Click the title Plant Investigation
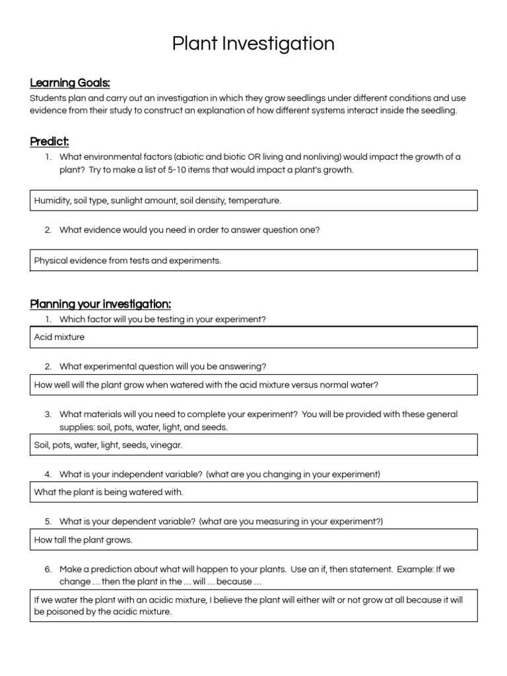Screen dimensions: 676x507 pyautogui.click(x=253, y=44)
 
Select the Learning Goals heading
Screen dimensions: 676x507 pyautogui.click(x=69, y=83)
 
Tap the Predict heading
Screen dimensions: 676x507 pyautogui.click(x=50, y=141)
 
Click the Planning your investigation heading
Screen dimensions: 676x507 pyautogui.click(x=100, y=304)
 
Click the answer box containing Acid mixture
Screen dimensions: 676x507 pyautogui.click(x=253, y=337)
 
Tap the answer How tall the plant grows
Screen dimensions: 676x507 pyautogui.click(x=83, y=540)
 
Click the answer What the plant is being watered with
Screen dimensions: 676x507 pyautogui.click(x=108, y=492)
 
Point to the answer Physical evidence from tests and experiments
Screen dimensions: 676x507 pyautogui.click(x=127, y=261)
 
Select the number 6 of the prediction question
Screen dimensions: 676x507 pyautogui.click(x=48, y=569)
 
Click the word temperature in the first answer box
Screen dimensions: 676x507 pyautogui.click(x=254, y=201)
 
